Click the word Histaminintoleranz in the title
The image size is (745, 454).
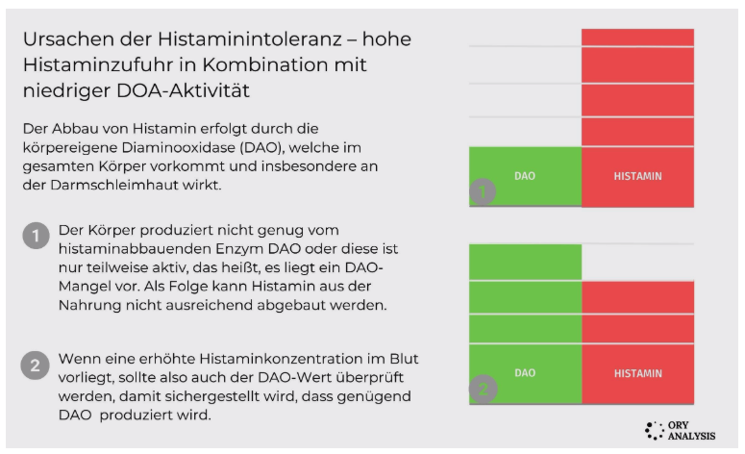pos(249,39)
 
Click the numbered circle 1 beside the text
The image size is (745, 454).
pos(37,236)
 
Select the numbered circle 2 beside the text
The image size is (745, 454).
pos(36,366)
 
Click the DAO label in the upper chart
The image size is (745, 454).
pos(525,176)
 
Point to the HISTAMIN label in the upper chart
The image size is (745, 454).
pos(637,176)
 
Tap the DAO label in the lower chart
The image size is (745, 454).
pos(525,373)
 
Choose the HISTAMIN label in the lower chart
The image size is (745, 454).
pos(638,373)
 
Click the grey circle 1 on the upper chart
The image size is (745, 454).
pos(483,191)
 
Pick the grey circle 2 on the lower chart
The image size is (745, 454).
pos(484,389)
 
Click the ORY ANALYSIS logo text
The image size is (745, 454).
pos(691,431)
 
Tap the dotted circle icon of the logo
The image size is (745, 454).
pos(655,431)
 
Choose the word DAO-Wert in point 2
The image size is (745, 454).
pos(294,377)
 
